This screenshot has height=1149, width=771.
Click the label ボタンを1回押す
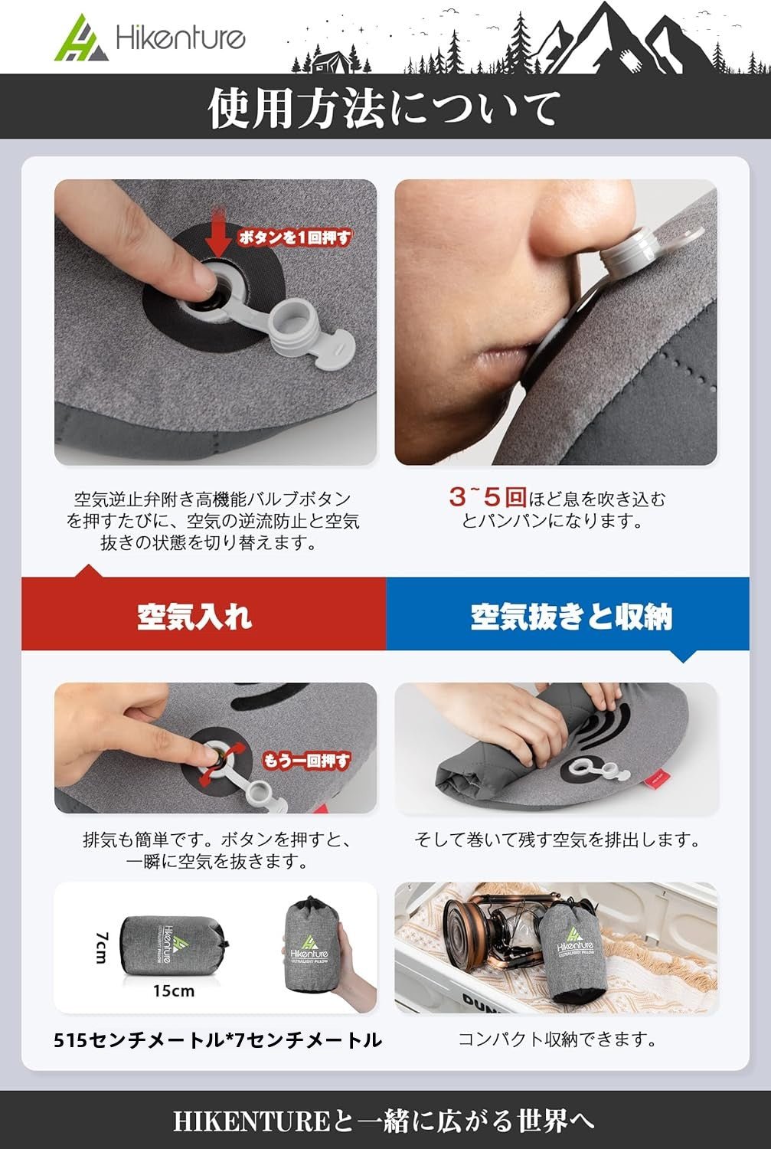[295, 237]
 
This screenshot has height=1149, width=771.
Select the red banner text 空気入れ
[194, 616]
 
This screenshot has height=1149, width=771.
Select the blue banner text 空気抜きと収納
[571, 617]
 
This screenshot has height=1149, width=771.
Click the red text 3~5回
[487, 498]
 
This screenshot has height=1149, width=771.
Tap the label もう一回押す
[305, 761]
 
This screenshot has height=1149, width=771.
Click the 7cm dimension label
[102, 948]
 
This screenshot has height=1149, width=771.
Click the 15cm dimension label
[173, 991]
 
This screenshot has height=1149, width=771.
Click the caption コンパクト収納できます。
[557, 1039]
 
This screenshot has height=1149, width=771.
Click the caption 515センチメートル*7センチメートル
[217, 1040]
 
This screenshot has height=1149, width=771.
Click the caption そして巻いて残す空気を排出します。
[557, 840]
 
